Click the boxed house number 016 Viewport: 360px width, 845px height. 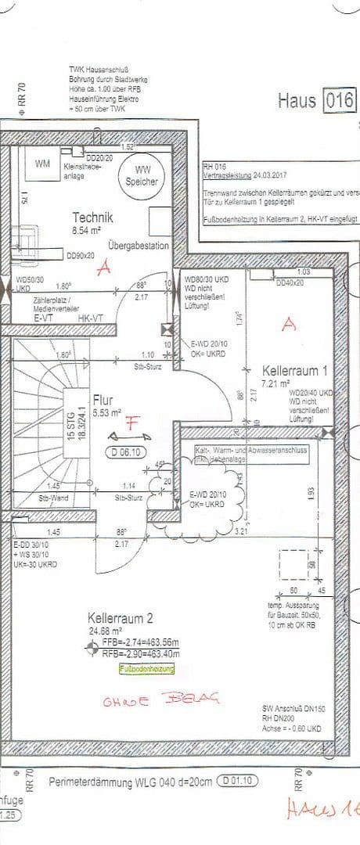click(x=340, y=101)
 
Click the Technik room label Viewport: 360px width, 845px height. click(x=93, y=218)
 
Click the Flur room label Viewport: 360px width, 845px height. click(x=103, y=398)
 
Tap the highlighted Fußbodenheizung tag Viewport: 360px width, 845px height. click(x=146, y=669)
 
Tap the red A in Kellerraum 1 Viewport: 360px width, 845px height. click(x=289, y=324)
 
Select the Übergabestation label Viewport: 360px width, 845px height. click(x=139, y=244)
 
